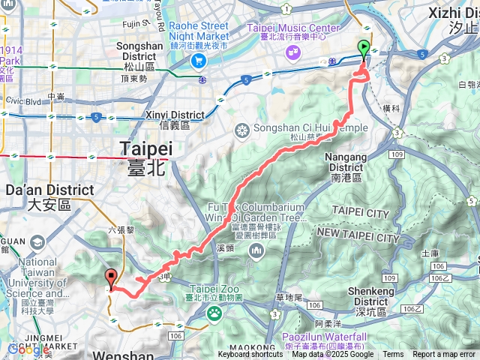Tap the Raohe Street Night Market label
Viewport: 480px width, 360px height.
click(x=199, y=30)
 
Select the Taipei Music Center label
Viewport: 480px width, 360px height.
click(x=288, y=30)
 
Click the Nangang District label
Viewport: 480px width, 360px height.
click(x=347, y=167)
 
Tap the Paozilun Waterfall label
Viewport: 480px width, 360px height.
click(x=324, y=337)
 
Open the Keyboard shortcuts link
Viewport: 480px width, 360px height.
click(x=250, y=355)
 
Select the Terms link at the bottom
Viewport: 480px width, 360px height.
click(x=393, y=355)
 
